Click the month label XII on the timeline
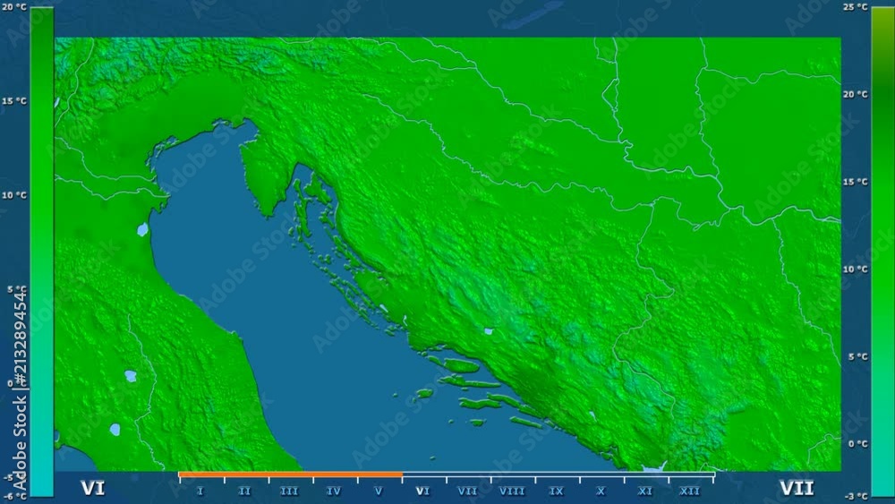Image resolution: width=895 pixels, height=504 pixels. (690, 491)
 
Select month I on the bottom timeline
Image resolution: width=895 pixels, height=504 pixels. (200, 491)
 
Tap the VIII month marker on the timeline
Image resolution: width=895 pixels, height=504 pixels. (512, 491)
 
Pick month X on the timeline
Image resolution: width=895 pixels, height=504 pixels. (601, 491)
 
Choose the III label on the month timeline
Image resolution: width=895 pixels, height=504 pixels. (289, 491)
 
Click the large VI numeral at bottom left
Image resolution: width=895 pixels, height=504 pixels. (92, 488)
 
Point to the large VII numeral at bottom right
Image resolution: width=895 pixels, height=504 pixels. (797, 488)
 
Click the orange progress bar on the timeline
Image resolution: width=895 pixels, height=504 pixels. (290, 474)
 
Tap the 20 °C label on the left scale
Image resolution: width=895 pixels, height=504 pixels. (13, 7)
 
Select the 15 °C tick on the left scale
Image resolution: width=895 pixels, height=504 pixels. (13, 101)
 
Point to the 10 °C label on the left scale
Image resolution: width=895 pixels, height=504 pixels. (13, 195)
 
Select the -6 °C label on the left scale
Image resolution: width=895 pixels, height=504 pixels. (13, 495)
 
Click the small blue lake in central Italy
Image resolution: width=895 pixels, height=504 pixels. (131, 376)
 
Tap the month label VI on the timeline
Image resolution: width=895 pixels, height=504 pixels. (423, 491)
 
